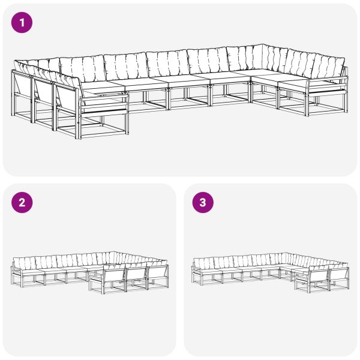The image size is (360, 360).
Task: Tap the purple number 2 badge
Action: (x=22, y=202)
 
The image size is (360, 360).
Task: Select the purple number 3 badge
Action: (x=202, y=202)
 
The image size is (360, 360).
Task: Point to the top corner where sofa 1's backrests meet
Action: (x=262, y=46)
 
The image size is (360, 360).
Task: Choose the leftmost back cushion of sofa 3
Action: (x=202, y=262)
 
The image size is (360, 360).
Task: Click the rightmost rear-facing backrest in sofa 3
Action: (x=339, y=275)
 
